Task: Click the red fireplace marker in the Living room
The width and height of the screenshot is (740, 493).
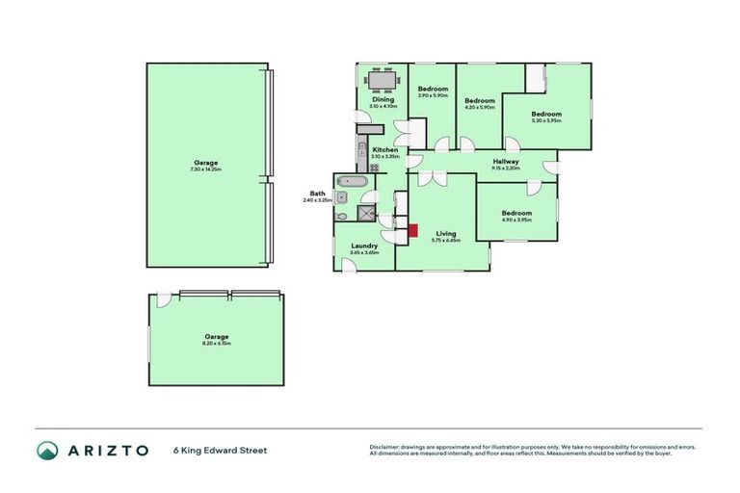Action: pyautogui.click(x=413, y=230)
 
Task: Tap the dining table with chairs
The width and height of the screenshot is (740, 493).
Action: pyautogui.click(x=383, y=82)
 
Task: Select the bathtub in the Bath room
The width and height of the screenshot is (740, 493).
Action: pyautogui.click(x=352, y=181)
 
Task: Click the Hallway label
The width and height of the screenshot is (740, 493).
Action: pyautogui.click(x=506, y=162)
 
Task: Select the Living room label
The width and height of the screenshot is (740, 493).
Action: pyautogui.click(x=445, y=234)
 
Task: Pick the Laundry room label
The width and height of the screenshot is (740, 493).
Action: pyautogui.click(x=364, y=246)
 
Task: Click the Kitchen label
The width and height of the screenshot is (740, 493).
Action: pyautogui.click(x=385, y=150)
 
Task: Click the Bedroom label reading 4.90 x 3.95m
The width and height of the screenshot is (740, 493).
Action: pyautogui.click(x=516, y=214)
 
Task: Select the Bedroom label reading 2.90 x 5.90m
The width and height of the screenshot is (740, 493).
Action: pyautogui.click(x=432, y=90)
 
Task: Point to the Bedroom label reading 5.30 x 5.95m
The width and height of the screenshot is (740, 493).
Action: pyautogui.click(x=546, y=115)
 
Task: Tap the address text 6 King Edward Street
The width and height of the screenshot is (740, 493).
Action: pyautogui.click(x=220, y=450)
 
